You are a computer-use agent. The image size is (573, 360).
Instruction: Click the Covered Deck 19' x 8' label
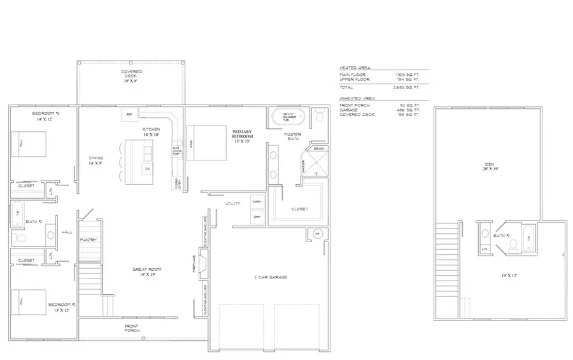(132, 76)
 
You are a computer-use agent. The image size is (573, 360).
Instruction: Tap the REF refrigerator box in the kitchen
(129, 114)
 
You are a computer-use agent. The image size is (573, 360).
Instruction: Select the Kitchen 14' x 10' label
(152, 132)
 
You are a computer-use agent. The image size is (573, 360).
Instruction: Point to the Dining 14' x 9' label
(96, 161)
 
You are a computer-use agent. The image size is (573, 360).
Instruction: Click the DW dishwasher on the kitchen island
(146, 169)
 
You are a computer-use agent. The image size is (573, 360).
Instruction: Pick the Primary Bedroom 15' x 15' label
(243, 137)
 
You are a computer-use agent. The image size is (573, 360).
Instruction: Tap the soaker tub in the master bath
(288, 118)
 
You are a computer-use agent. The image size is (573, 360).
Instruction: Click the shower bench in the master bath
(319, 148)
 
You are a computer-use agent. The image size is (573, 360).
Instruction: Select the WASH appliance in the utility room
(257, 201)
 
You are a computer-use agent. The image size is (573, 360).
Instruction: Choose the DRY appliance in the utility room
(257, 217)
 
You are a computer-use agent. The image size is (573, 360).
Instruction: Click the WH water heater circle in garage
(317, 234)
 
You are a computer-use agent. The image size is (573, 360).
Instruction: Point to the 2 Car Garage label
(270, 277)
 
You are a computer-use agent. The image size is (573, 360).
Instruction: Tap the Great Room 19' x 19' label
(145, 272)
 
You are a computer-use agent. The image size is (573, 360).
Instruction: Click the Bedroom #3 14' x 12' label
(45, 117)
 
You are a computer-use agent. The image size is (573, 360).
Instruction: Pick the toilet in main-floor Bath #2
(20, 238)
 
